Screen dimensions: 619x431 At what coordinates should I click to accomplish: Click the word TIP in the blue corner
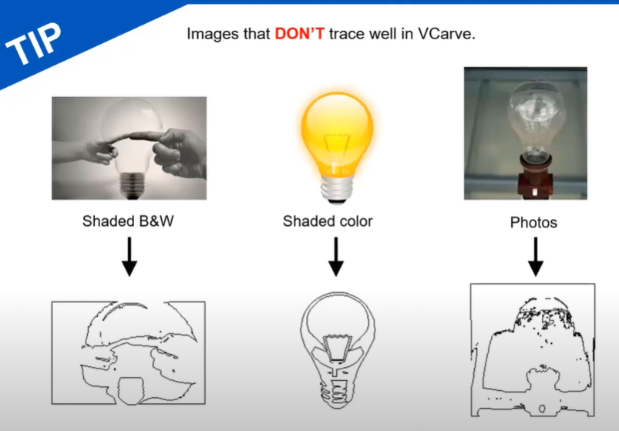coord(34,43)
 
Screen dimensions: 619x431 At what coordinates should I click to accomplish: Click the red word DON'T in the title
coord(300,34)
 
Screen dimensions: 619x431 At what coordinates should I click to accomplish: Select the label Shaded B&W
coord(128,221)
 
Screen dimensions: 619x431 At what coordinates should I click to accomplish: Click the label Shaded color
coord(328,221)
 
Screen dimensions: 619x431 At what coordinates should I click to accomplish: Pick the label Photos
coord(533,222)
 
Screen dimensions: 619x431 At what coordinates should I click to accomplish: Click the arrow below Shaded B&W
coord(130,257)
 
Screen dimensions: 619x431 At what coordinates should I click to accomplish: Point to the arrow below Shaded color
coord(336,257)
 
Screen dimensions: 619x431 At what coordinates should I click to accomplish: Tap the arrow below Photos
coord(536,257)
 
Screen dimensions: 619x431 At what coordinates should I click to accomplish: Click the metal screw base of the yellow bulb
coord(337,190)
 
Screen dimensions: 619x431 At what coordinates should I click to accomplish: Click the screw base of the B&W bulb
coord(132,185)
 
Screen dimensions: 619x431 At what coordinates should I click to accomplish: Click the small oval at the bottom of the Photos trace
coord(542,409)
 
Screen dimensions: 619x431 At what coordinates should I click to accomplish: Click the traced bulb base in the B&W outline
coord(131,391)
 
